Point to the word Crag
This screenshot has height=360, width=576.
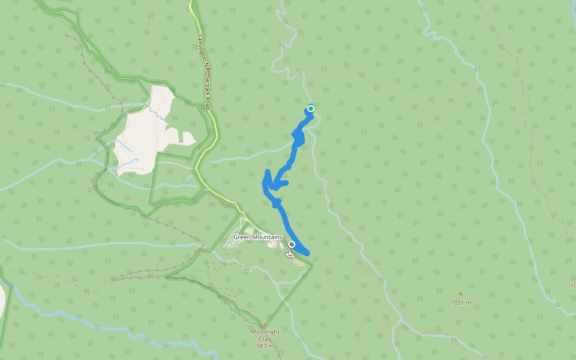pos(265,339)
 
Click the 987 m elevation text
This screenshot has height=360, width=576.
pos(265,346)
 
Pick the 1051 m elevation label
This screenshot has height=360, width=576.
pos(461,303)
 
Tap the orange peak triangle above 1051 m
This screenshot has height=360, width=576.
pos(461,293)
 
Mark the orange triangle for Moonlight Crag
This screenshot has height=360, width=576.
pos(265,325)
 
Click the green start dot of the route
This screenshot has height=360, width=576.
pos(311,109)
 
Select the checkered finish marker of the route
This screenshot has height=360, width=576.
pos(292,244)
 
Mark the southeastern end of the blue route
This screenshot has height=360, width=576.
pos(307,253)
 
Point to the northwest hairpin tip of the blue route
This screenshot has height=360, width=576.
pos(266,173)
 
